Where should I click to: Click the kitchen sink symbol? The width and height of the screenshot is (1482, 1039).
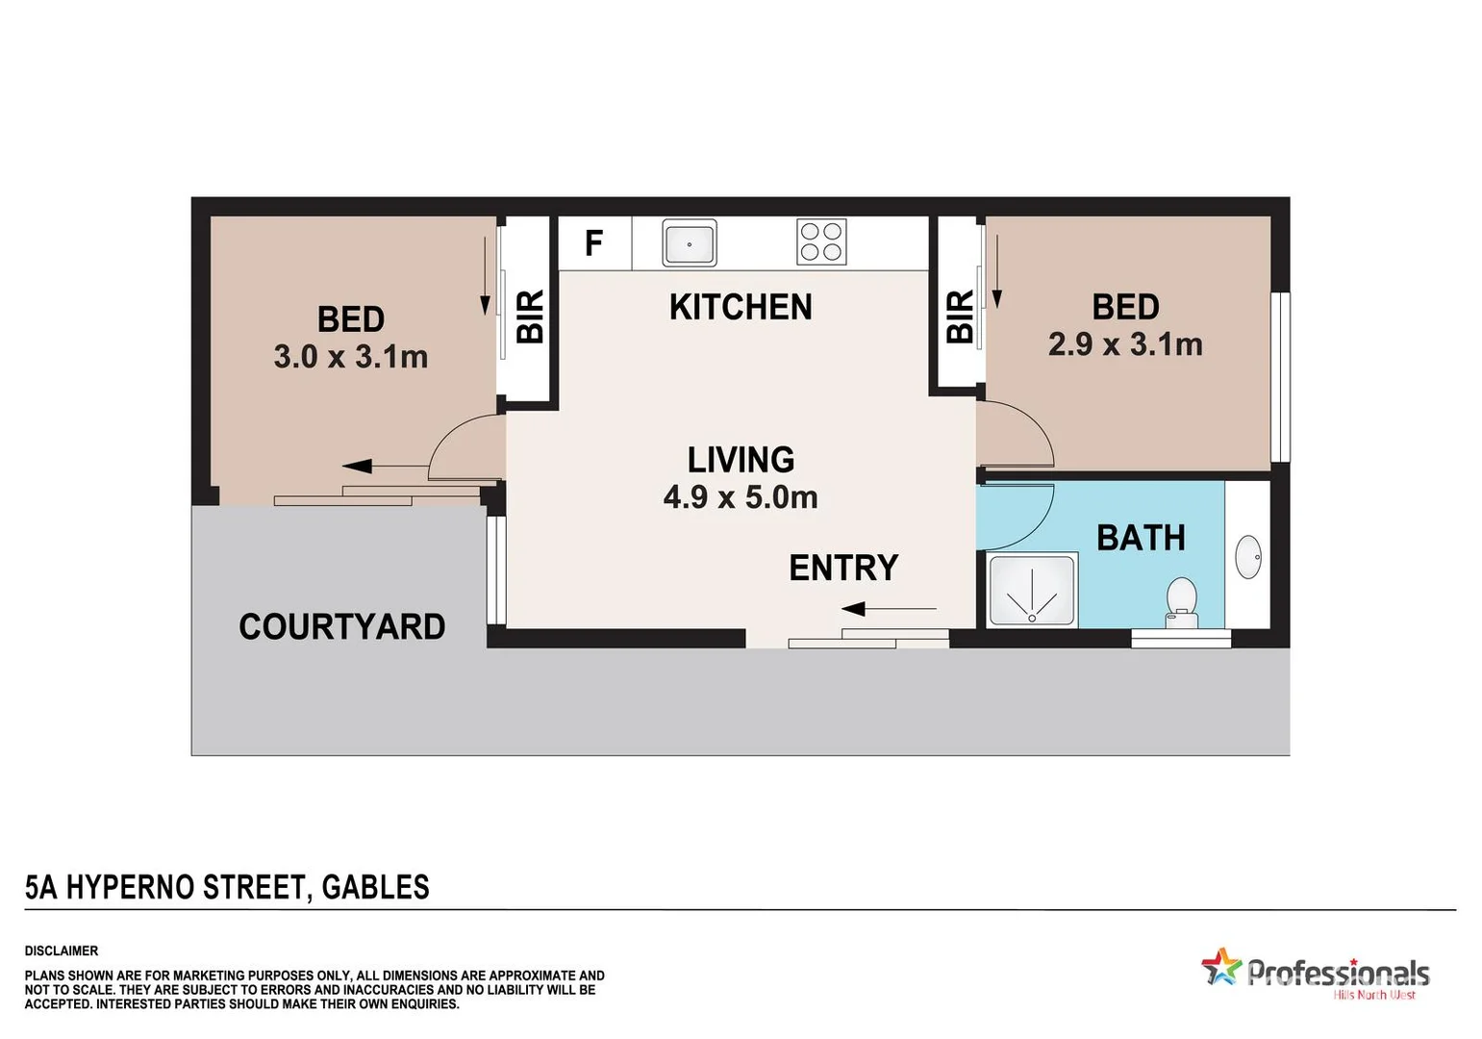click(x=689, y=242)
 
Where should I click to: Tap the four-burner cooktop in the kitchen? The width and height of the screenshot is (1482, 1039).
click(x=821, y=242)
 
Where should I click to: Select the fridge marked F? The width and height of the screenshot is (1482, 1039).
click(x=594, y=242)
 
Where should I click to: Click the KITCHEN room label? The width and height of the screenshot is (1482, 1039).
click(x=741, y=307)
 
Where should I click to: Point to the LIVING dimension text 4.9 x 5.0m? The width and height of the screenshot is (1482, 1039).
click(x=741, y=497)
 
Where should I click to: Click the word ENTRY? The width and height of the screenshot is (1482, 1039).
click(x=843, y=568)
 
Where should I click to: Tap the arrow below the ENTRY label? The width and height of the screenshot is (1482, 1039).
click(x=888, y=608)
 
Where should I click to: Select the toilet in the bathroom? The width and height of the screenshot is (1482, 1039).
click(x=1180, y=602)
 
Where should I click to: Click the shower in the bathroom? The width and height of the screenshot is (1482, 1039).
click(x=1032, y=591)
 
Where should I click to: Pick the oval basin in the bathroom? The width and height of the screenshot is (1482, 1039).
click(x=1247, y=557)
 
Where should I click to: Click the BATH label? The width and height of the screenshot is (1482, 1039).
click(x=1141, y=538)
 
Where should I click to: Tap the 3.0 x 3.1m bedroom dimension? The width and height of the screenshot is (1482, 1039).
click(x=351, y=357)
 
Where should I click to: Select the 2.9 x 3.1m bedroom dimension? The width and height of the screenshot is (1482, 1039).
click(x=1125, y=344)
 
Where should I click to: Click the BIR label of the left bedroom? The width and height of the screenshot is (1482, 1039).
click(x=530, y=317)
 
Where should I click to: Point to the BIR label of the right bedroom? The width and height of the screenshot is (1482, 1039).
click(x=960, y=317)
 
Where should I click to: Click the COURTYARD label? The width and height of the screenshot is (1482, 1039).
click(x=341, y=626)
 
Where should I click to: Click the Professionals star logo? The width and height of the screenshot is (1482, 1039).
click(x=1221, y=967)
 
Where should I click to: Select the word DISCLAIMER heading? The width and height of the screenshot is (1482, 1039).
click(x=62, y=950)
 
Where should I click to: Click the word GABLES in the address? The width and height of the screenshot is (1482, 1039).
click(x=375, y=887)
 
